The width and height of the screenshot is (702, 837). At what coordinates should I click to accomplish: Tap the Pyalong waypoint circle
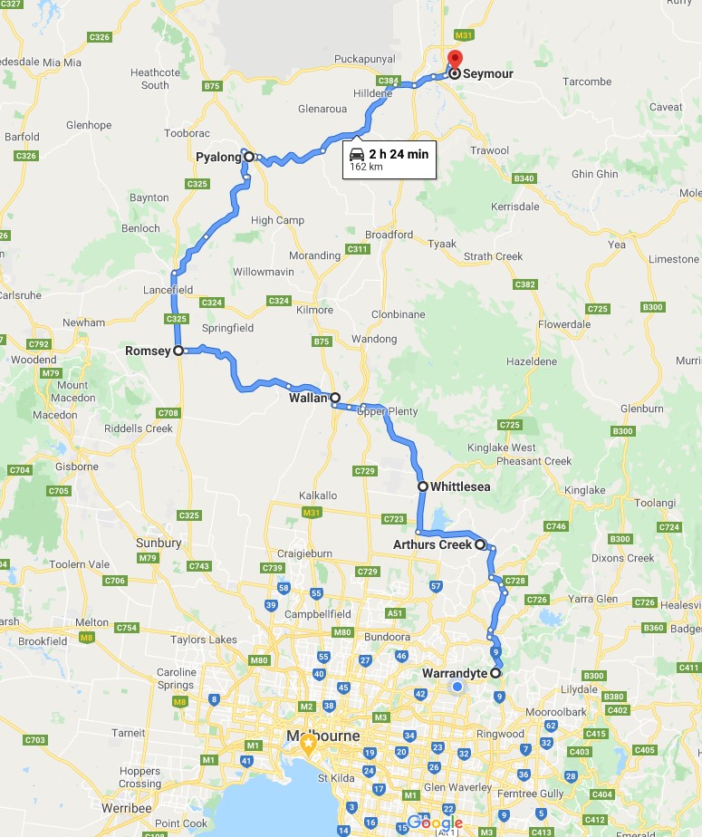coord(248,157)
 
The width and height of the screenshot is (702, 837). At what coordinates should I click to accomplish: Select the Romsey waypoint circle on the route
coord(178,351)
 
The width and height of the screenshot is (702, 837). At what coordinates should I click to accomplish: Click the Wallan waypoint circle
coord(335,398)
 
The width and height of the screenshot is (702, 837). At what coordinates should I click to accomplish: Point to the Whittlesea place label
coord(460,486)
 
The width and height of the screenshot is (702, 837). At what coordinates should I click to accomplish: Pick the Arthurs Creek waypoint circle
coord(480,544)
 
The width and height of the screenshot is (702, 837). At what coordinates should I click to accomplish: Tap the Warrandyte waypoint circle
coord(495,673)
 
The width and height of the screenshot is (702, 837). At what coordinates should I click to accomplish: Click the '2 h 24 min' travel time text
coord(399,153)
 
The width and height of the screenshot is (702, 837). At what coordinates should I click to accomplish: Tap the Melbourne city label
coord(322,735)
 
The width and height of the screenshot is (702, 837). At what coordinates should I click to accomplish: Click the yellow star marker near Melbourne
coord(308,746)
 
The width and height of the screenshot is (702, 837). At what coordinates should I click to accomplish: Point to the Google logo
coord(435,823)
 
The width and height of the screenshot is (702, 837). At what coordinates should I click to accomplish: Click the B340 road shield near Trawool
coord(524,178)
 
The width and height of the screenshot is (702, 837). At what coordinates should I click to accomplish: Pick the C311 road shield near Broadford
coord(358,249)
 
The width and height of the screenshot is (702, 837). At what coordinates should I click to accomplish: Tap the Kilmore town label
coord(314,310)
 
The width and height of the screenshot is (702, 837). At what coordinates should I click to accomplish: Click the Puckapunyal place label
coord(363,59)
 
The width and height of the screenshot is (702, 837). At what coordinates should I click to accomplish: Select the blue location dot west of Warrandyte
coord(457,687)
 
